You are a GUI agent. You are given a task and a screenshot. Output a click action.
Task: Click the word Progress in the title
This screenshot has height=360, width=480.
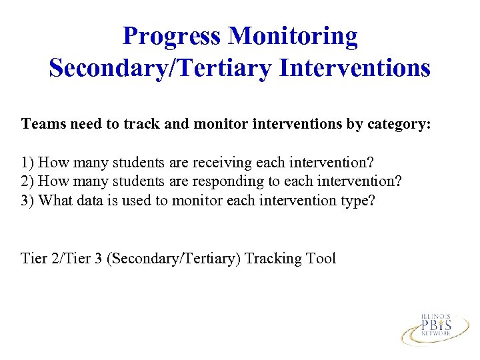pos(172,36)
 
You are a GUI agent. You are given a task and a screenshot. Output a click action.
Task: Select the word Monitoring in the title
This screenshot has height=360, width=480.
pos(293,36)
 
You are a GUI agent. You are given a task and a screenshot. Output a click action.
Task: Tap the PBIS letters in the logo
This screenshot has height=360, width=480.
pos(436,325)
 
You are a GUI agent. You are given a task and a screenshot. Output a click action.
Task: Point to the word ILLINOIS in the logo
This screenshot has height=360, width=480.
pos(436,315)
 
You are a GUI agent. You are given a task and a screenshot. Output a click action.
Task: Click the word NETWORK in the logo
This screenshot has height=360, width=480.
pos(436,335)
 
